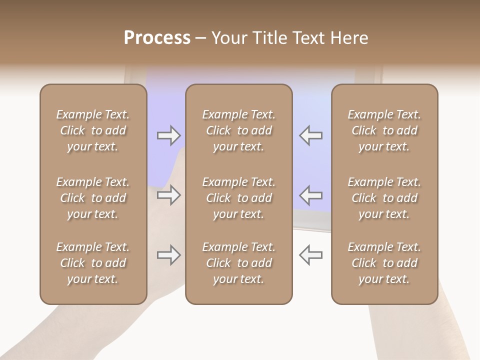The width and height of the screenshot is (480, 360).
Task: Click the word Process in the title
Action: pyautogui.click(x=157, y=38)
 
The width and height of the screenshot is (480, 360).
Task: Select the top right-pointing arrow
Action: pyautogui.click(x=168, y=135)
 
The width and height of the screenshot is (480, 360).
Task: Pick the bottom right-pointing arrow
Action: pyautogui.click(x=168, y=255)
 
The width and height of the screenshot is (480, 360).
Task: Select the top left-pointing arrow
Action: pyautogui.click(x=310, y=135)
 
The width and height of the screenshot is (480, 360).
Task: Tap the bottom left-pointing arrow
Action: pyautogui.click(x=310, y=255)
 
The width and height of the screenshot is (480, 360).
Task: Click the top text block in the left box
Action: pyautogui.click(x=93, y=130)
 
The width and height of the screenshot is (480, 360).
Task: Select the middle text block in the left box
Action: pyautogui.click(x=93, y=198)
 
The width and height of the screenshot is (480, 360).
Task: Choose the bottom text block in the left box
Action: pyautogui.click(x=93, y=263)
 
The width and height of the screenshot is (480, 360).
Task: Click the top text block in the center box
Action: pyautogui.click(x=238, y=130)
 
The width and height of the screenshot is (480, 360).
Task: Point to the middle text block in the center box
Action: pyautogui.click(x=238, y=198)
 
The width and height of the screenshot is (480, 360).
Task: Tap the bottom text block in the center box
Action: pyautogui.click(x=238, y=263)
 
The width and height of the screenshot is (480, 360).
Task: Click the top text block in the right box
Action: pyautogui.click(x=384, y=130)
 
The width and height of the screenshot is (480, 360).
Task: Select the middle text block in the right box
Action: pyautogui.click(x=384, y=198)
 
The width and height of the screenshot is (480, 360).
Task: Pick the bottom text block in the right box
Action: pyautogui.click(x=384, y=263)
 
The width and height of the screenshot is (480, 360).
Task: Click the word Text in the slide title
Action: pyautogui.click(x=308, y=38)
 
